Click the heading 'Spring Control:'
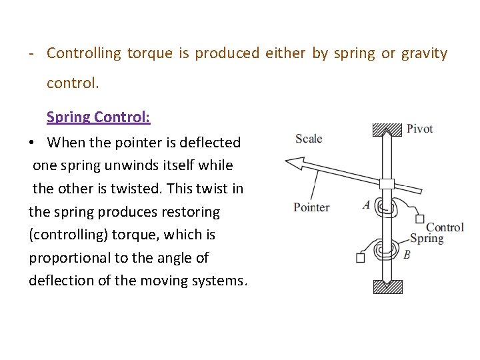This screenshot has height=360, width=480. click(98, 117)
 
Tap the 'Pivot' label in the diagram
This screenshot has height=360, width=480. click(419, 129)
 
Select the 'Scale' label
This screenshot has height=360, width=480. click(309, 139)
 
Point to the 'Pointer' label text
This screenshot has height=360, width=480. click(311, 207)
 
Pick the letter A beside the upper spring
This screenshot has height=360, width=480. click(366, 205)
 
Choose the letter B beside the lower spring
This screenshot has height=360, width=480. click(407, 255)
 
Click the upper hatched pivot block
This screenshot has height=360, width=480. click(387, 129)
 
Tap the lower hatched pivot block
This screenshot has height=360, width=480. click(387, 287)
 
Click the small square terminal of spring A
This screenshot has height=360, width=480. click(419, 219)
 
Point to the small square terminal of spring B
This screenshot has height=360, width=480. click(361, 257)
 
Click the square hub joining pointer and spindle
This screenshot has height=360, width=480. click(387, 183)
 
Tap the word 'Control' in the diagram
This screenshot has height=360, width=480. click(445, 227)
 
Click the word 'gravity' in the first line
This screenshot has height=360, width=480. click(424, 53)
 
